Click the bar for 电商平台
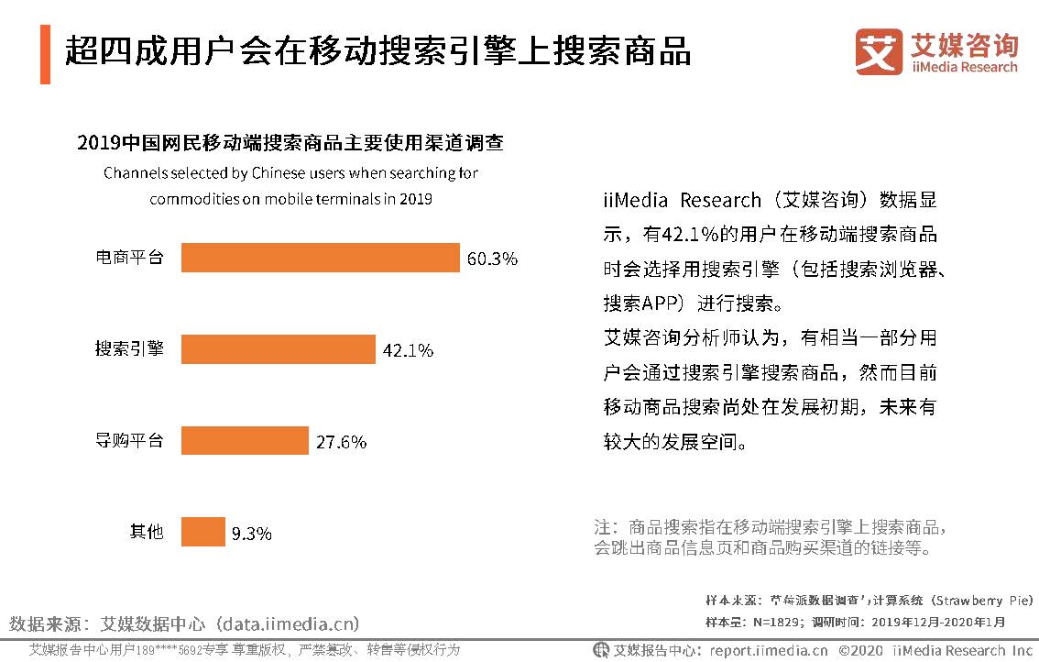(x=320, y=258)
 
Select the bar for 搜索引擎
(x=279, y=349)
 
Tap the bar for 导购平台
(x=245, y=440)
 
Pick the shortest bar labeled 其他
(x=202, y=532)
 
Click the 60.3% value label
(x=492, y=259)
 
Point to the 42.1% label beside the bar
(x=408, y=350)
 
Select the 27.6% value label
(x=341, y=441)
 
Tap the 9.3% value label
(x=251, y=533)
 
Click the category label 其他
(x=146, y=532)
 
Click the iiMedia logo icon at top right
(x=879, y=52)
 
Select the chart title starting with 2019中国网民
(x=290, y=143)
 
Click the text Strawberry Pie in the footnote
(x=982, y=601)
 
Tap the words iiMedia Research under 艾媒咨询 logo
(x=965, y=67)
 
